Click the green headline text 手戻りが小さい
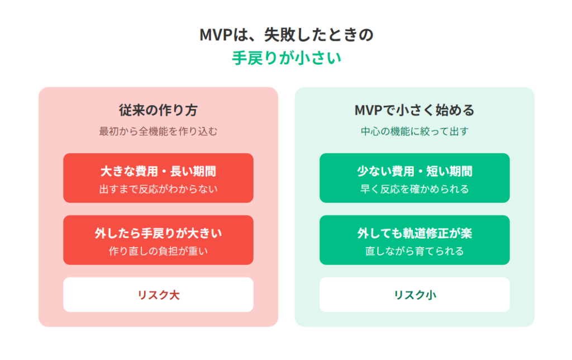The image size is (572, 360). click(287, 58)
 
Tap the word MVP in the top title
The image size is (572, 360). click(216, 35)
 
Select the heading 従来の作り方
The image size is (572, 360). click(158, 110)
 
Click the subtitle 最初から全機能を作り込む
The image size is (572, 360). click(158, 131)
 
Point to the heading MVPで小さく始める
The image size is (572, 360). click(414, 110)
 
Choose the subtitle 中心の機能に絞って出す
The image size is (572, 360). click(414, 131)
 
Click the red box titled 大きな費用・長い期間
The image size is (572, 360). click(158, 178)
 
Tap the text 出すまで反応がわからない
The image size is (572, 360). click(158, 189)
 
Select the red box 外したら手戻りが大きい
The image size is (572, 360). click(158, 240)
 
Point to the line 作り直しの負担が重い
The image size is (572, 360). click(158, 251)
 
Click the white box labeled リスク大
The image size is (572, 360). click(158, 295)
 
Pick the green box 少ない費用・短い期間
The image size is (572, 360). click(414, 178)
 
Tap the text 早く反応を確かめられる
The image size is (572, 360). click(414, 189)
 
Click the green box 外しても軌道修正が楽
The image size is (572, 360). click(414, 240)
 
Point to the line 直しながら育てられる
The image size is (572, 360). click(414, 251)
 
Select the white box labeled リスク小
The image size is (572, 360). click(414, 295)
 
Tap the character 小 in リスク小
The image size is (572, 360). click(431, 295)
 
